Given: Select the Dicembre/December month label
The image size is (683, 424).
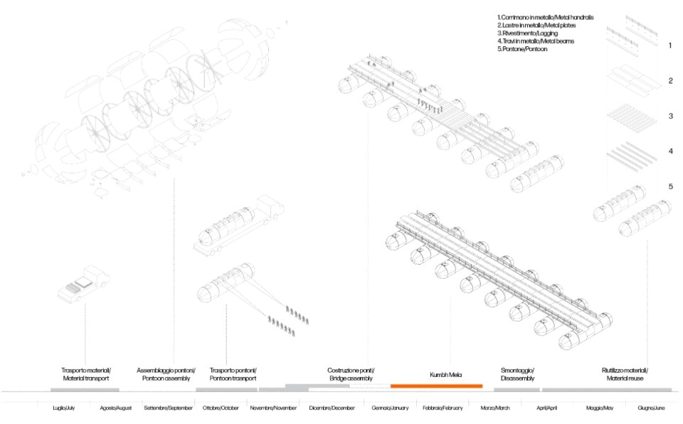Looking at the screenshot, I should click(x=332, y=408).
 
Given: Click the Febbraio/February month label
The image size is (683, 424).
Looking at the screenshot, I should click(x=443, y=408).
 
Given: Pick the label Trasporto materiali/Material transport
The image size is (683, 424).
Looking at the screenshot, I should click(x=85, y=375).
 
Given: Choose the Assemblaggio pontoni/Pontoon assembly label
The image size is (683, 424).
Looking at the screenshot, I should click(x=165, y=375).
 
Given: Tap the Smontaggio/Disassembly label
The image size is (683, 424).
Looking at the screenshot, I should click(x=517, y=375).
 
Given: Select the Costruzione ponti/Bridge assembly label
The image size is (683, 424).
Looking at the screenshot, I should click(x=351, y=375).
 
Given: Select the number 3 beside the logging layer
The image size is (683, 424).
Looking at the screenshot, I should click(x=670, y=116).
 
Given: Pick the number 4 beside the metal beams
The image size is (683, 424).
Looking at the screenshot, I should click(x=670, y=152).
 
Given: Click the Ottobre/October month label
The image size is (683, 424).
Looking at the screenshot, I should click(x=221, y=408).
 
